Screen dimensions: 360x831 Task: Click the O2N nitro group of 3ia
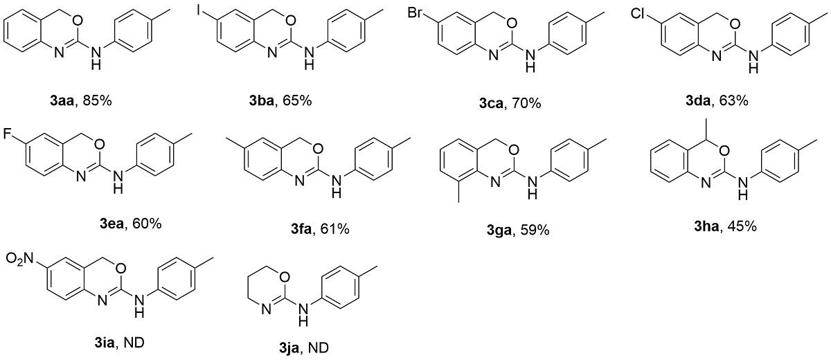19,260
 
